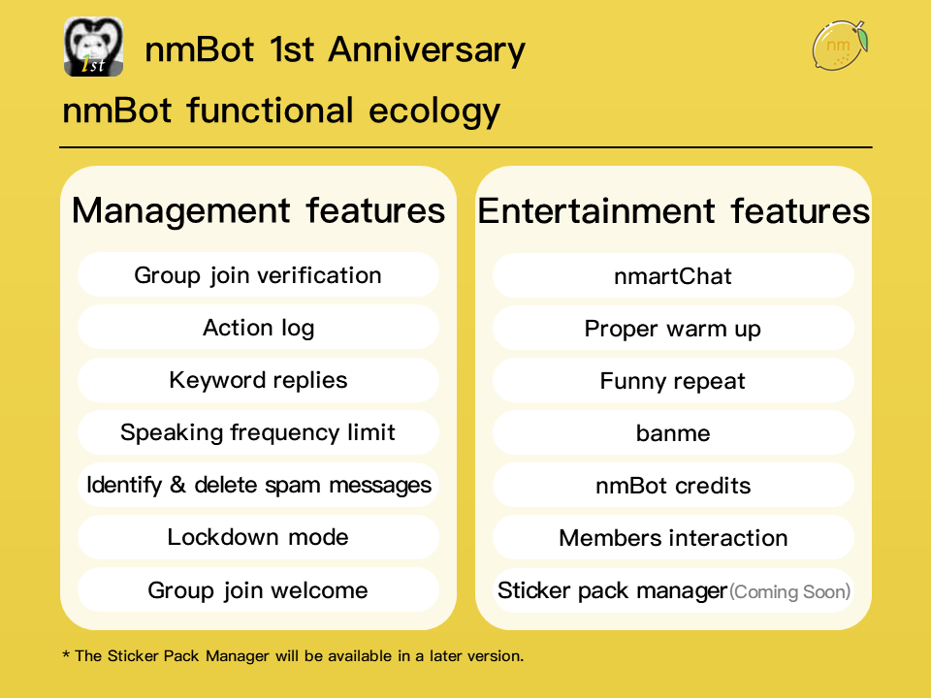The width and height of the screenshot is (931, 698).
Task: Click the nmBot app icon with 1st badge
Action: click(93, 48)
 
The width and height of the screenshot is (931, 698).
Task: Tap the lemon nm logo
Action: click(839, 46)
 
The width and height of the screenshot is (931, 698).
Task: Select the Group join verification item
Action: click(258, 275)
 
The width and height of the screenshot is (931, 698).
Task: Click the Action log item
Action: click(258, 328)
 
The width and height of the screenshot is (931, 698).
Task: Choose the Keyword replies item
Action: click(258, 380)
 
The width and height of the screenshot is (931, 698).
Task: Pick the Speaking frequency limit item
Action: click(258, 432)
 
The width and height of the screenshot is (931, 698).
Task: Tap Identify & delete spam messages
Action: click(258, 485)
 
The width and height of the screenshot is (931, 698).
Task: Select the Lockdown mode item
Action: click(258, 537)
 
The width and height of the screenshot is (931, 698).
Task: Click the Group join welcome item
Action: click(258, 589)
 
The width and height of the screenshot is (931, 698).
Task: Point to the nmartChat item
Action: click(673, 276)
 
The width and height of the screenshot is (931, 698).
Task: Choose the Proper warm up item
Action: click(673, 329)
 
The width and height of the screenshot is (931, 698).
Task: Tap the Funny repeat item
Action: click(673, 381)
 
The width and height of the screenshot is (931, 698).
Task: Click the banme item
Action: click(673, 433)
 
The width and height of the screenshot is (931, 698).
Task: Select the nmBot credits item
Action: click(673, 486)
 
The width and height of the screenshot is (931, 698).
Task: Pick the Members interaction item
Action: click(673, 538)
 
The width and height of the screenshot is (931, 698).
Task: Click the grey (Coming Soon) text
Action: click(789, 591)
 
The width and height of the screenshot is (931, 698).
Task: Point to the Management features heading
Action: click(258, 210)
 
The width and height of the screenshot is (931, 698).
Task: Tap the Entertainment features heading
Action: click(673, 210)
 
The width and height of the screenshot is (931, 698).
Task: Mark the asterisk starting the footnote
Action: click(66, 655)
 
